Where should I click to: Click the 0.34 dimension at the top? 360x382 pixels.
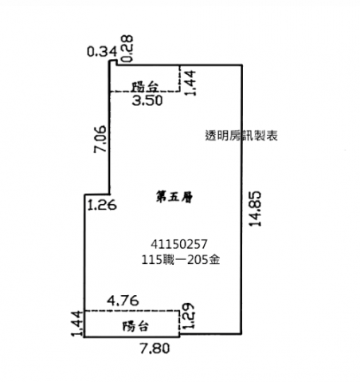tap(102, 51)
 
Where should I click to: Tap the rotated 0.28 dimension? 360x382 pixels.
tap(127, 49)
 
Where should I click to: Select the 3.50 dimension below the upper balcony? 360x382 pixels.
tap(147, 100)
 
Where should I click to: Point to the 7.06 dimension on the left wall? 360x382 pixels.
tap(100, 139)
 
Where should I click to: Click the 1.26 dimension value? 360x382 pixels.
tap(102, 205)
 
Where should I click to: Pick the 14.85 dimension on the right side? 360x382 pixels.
tap(256, 209)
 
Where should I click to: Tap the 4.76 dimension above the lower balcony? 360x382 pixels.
tap(123, 301)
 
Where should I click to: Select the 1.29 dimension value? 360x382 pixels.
tap(189, 316)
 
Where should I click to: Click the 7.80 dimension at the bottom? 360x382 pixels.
tap(155, 349)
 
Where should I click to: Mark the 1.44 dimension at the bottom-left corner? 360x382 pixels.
tap(77, 323)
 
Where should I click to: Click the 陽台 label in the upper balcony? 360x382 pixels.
tap(146, 87)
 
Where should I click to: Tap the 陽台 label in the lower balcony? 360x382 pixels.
tap(135, 326)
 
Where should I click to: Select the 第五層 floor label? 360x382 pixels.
tap(174, 197)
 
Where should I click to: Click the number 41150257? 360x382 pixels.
tap(178, 244)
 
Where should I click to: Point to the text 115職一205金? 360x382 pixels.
tap(181, 260)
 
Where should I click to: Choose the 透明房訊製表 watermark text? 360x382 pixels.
tap(241, 136)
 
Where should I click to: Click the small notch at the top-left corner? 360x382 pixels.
tap(113, 62)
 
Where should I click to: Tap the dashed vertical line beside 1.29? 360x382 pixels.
tap(179, 322)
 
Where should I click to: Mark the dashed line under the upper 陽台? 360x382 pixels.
tap(145, 92)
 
